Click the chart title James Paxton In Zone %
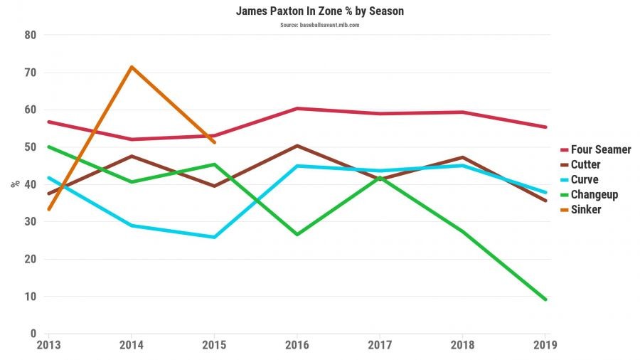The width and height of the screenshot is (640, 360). tap(319, 12)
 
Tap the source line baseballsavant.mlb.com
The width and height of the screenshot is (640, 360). tap(319, 25)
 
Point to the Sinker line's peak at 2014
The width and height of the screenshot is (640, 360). tap(132, 67)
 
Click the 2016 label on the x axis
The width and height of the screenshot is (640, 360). tap(297, 344)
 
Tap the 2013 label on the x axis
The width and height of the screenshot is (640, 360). tap(48, 344)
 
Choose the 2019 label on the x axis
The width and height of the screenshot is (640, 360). tap(545, 344)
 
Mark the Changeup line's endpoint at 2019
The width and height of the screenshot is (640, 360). tap(545, 300)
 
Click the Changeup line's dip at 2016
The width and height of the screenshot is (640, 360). tap(297, 234)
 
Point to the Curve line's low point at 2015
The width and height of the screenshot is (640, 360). tap(214, 237)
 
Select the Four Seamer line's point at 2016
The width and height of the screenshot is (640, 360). tap(297, 108)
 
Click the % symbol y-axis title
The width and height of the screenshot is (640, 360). tap(14, 184)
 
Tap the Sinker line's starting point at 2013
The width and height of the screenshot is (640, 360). tap(48, 209)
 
